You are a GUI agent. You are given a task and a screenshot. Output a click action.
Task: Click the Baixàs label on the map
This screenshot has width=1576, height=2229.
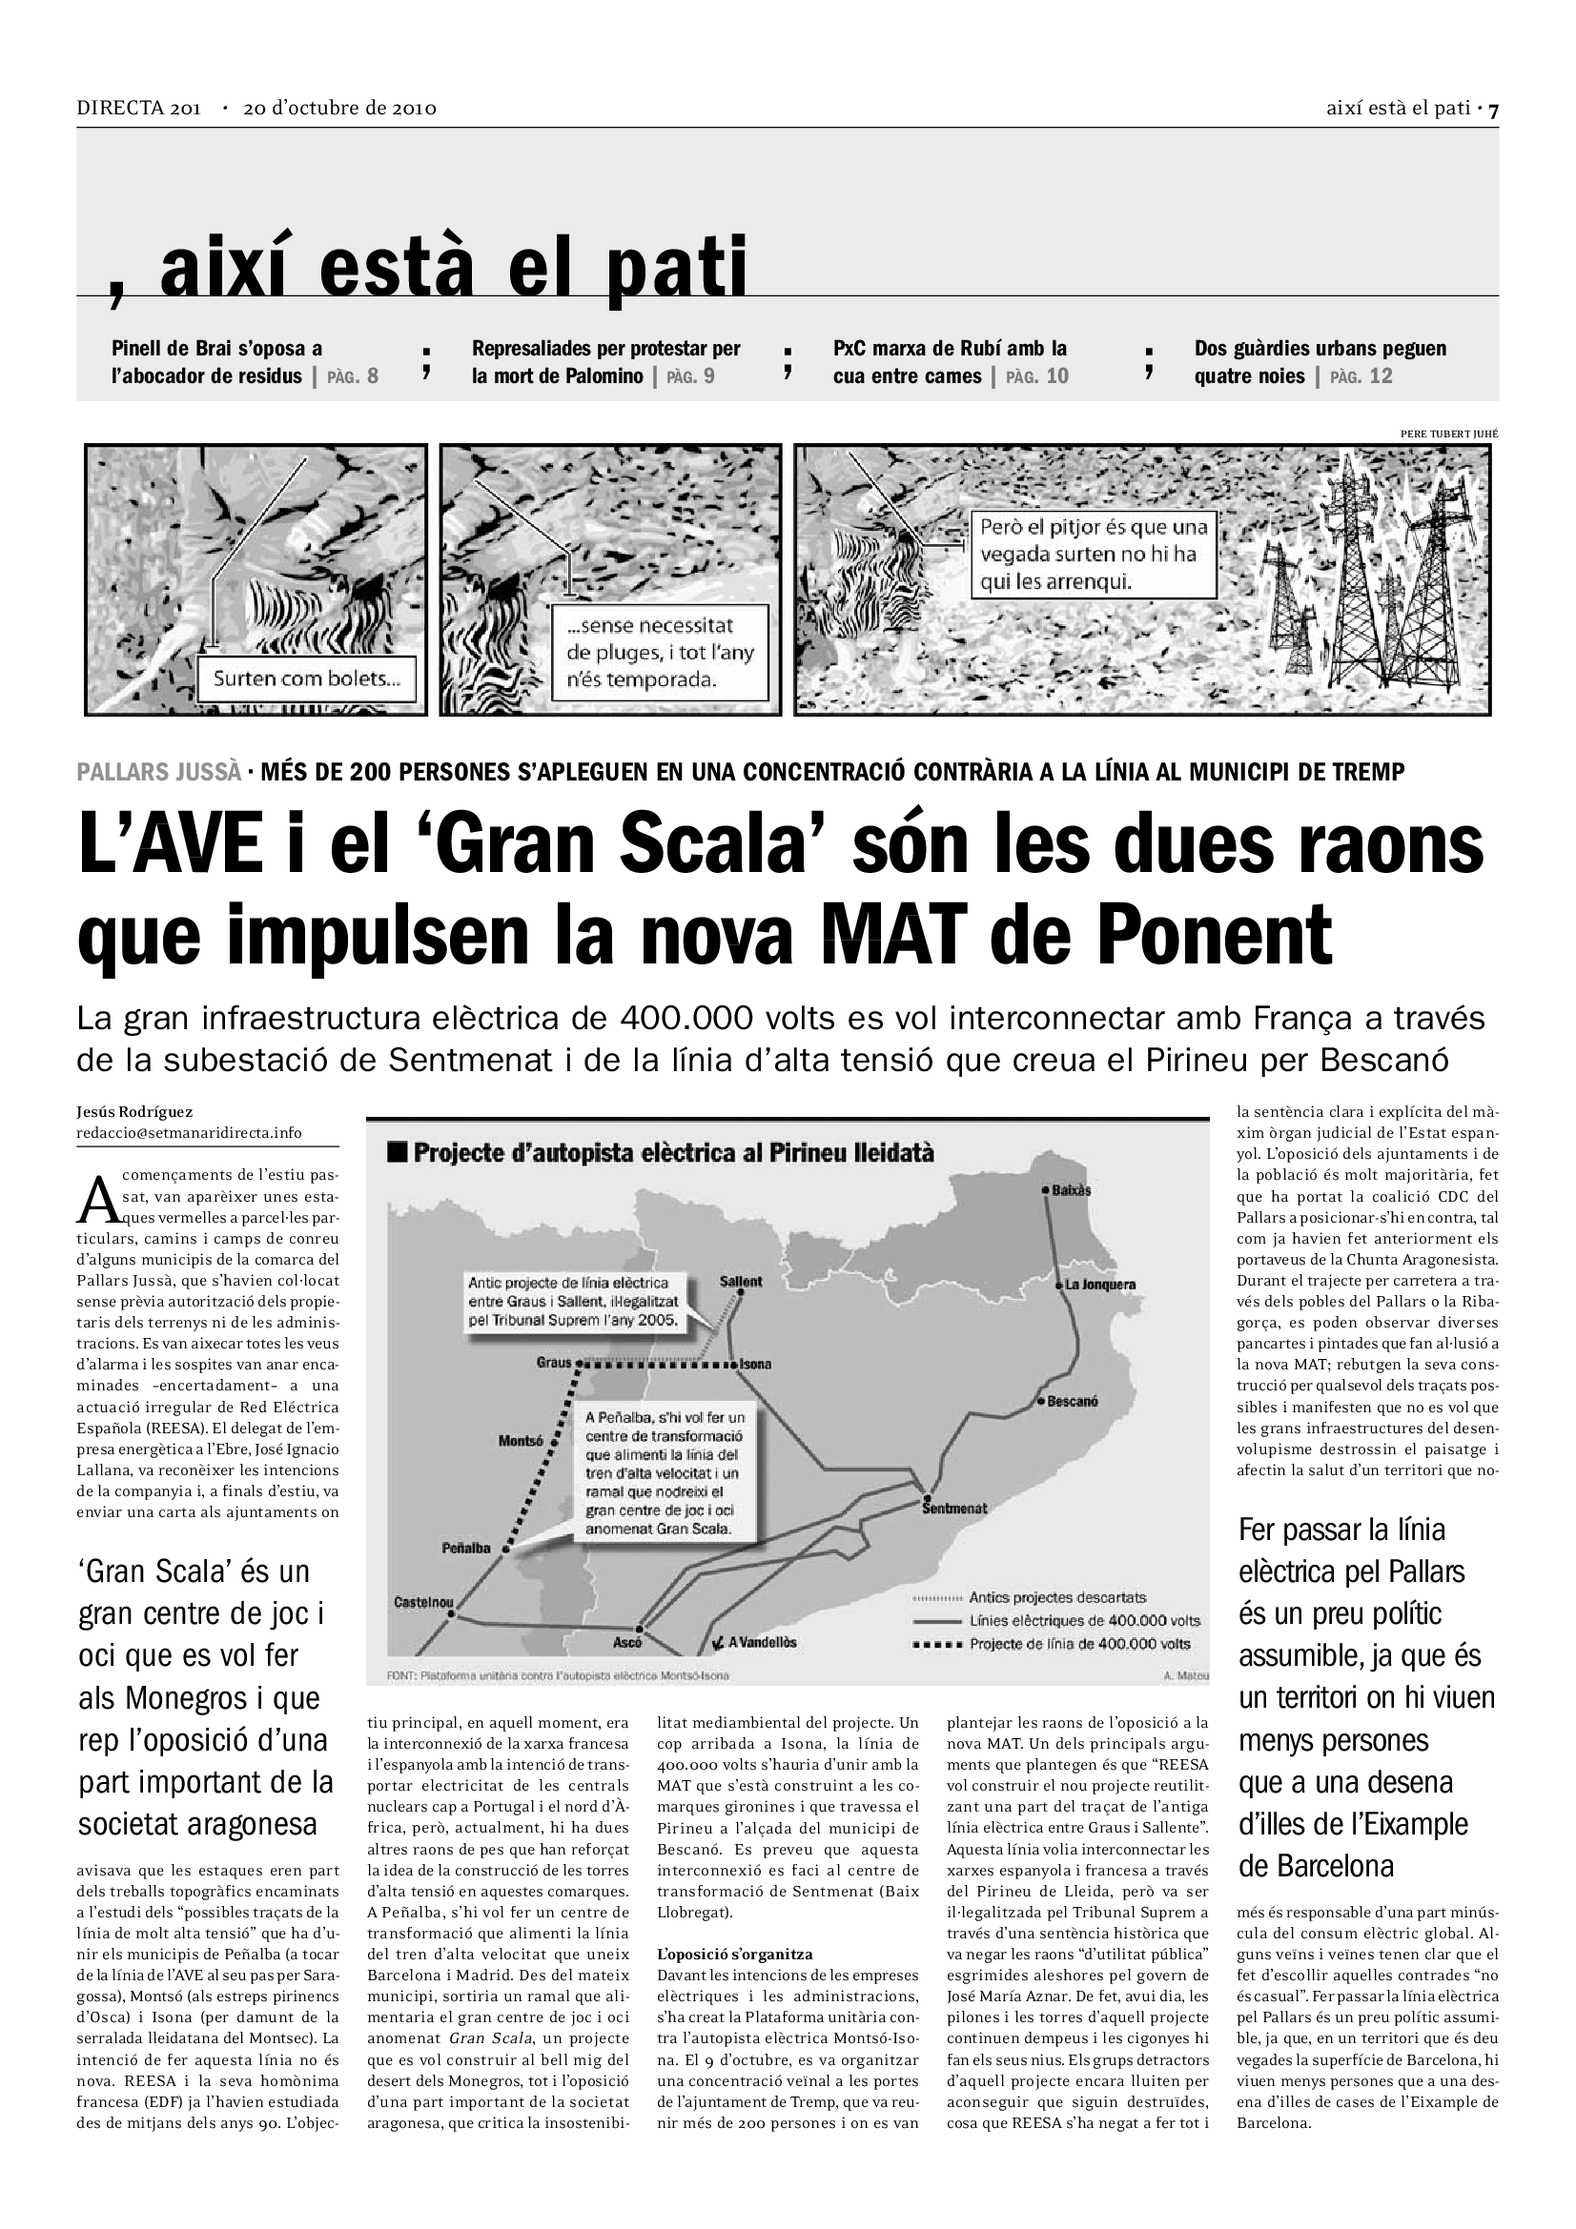click(x=1071, y=1190)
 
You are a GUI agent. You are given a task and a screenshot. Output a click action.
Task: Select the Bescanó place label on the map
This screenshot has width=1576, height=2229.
click(x=1072, y=1401)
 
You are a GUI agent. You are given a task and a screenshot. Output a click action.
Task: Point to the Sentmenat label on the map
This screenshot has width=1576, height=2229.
click(x=954, y=1508)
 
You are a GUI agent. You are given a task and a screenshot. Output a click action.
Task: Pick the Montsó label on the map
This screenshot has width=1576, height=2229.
click(x=521, y=1441)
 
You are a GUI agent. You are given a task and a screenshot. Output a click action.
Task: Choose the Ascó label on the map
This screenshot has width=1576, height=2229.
click(x=627, y=1643)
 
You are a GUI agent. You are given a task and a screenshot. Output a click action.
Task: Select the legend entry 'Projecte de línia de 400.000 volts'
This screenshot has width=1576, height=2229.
click(x=1079, y=1644)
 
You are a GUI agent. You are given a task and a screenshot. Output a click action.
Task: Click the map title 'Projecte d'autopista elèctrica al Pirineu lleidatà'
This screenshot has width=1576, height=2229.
click(x=673, y=1153)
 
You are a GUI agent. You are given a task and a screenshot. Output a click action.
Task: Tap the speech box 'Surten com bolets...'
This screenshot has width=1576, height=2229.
click(x=306, y=679)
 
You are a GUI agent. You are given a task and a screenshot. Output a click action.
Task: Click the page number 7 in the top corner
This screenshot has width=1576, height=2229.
click(x=1493, y=110)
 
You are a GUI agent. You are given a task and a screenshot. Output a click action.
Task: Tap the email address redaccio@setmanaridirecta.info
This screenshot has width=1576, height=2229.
click(x=190, y=1133)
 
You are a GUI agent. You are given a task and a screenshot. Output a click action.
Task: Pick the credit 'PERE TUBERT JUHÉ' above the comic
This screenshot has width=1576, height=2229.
click(x=1449, y=434)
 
